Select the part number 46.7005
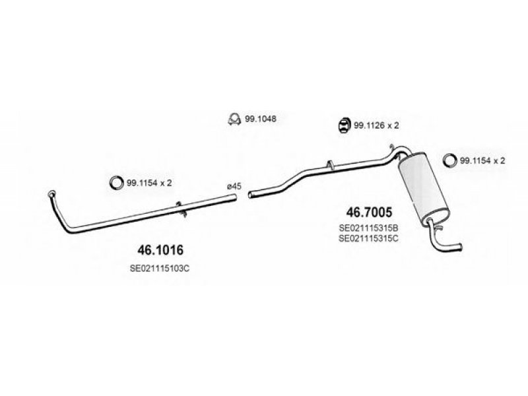[370, 213]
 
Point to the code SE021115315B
[370, 228]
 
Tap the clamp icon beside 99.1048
[233, 119]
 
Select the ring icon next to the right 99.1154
[450, 160]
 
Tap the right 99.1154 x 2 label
[482, 160]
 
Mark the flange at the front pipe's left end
[52, 193]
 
